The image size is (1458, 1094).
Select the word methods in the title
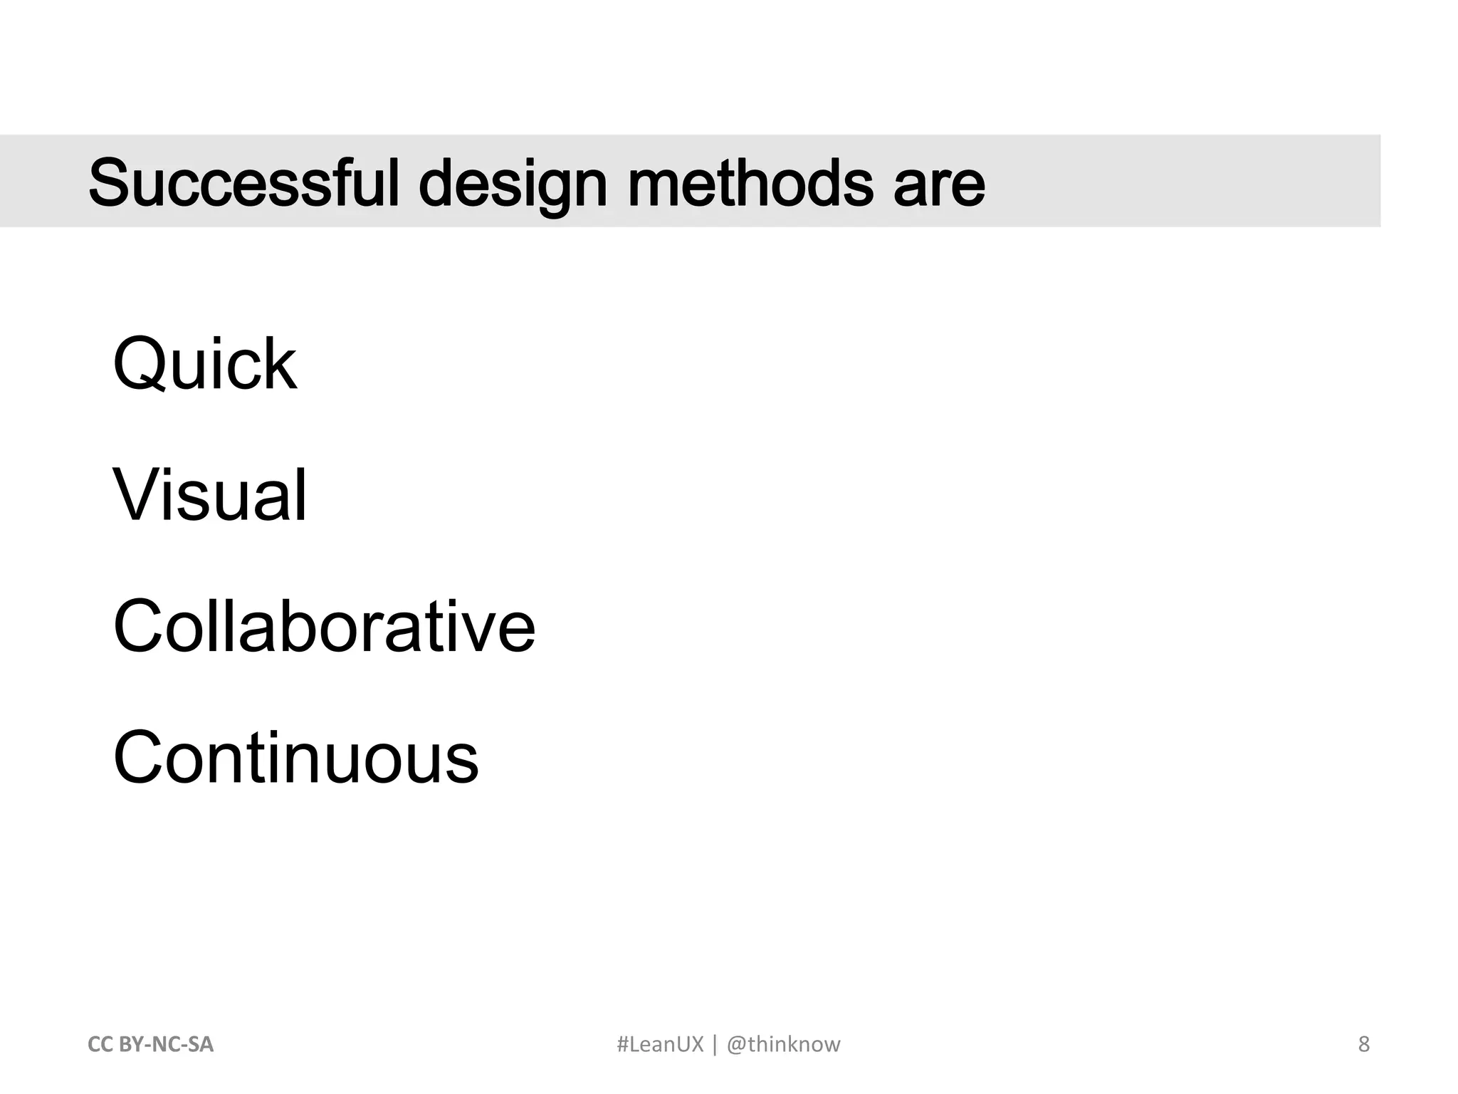click(750, 183)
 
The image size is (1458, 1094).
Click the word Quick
click(204, 364)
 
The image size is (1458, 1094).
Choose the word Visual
click(210, 495)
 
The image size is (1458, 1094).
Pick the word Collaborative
click(324, 626)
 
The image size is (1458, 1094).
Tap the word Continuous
click(295, 758)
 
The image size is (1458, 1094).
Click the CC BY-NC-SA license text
click(150, 1044)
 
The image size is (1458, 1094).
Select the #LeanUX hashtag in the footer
click(659, 1044)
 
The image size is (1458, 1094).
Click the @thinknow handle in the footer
click(783, 1044)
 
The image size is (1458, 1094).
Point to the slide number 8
click(1363, 1044)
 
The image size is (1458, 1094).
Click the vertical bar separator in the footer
click(715, 1044)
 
